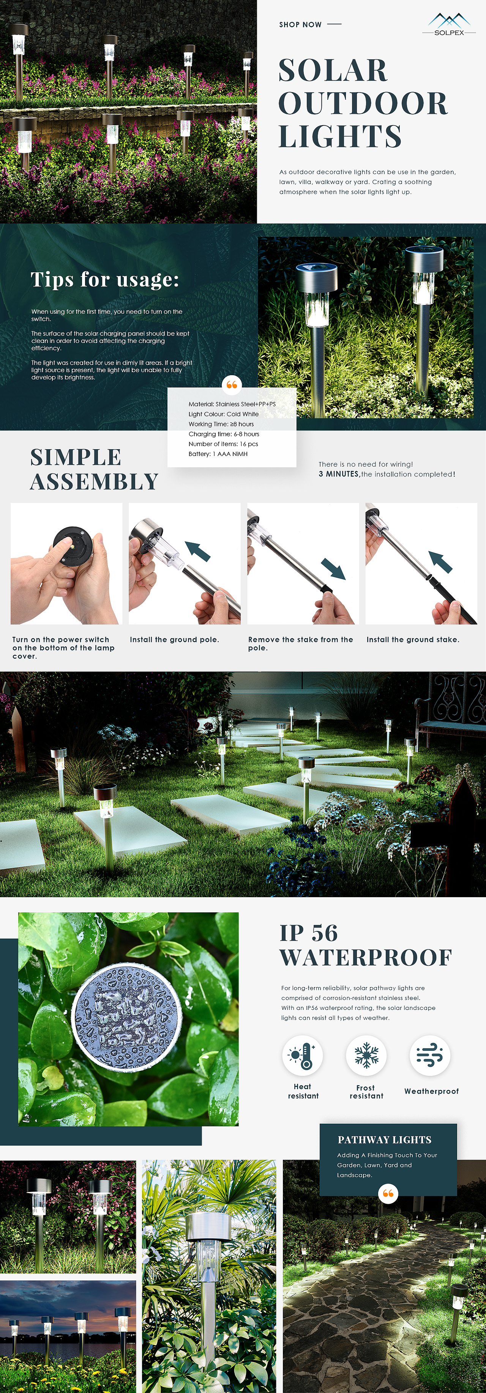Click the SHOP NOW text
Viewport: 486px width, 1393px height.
300,24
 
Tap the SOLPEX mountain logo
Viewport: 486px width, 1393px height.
449,24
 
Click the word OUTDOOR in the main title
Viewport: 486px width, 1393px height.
363,103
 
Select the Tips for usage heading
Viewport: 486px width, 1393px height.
104,280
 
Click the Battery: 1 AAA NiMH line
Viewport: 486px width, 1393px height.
218,454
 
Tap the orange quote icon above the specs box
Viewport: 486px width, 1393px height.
232,385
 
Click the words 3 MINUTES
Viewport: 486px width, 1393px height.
339,474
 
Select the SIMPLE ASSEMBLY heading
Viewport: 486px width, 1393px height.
94,469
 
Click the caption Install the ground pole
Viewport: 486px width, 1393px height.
174,640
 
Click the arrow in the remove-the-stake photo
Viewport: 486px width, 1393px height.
333,569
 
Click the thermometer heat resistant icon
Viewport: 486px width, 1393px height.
303,1055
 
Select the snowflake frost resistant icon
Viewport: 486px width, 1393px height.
366,1055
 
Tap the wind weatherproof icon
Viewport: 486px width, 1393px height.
430,1055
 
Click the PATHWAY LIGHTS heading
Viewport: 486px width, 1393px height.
385,1139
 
